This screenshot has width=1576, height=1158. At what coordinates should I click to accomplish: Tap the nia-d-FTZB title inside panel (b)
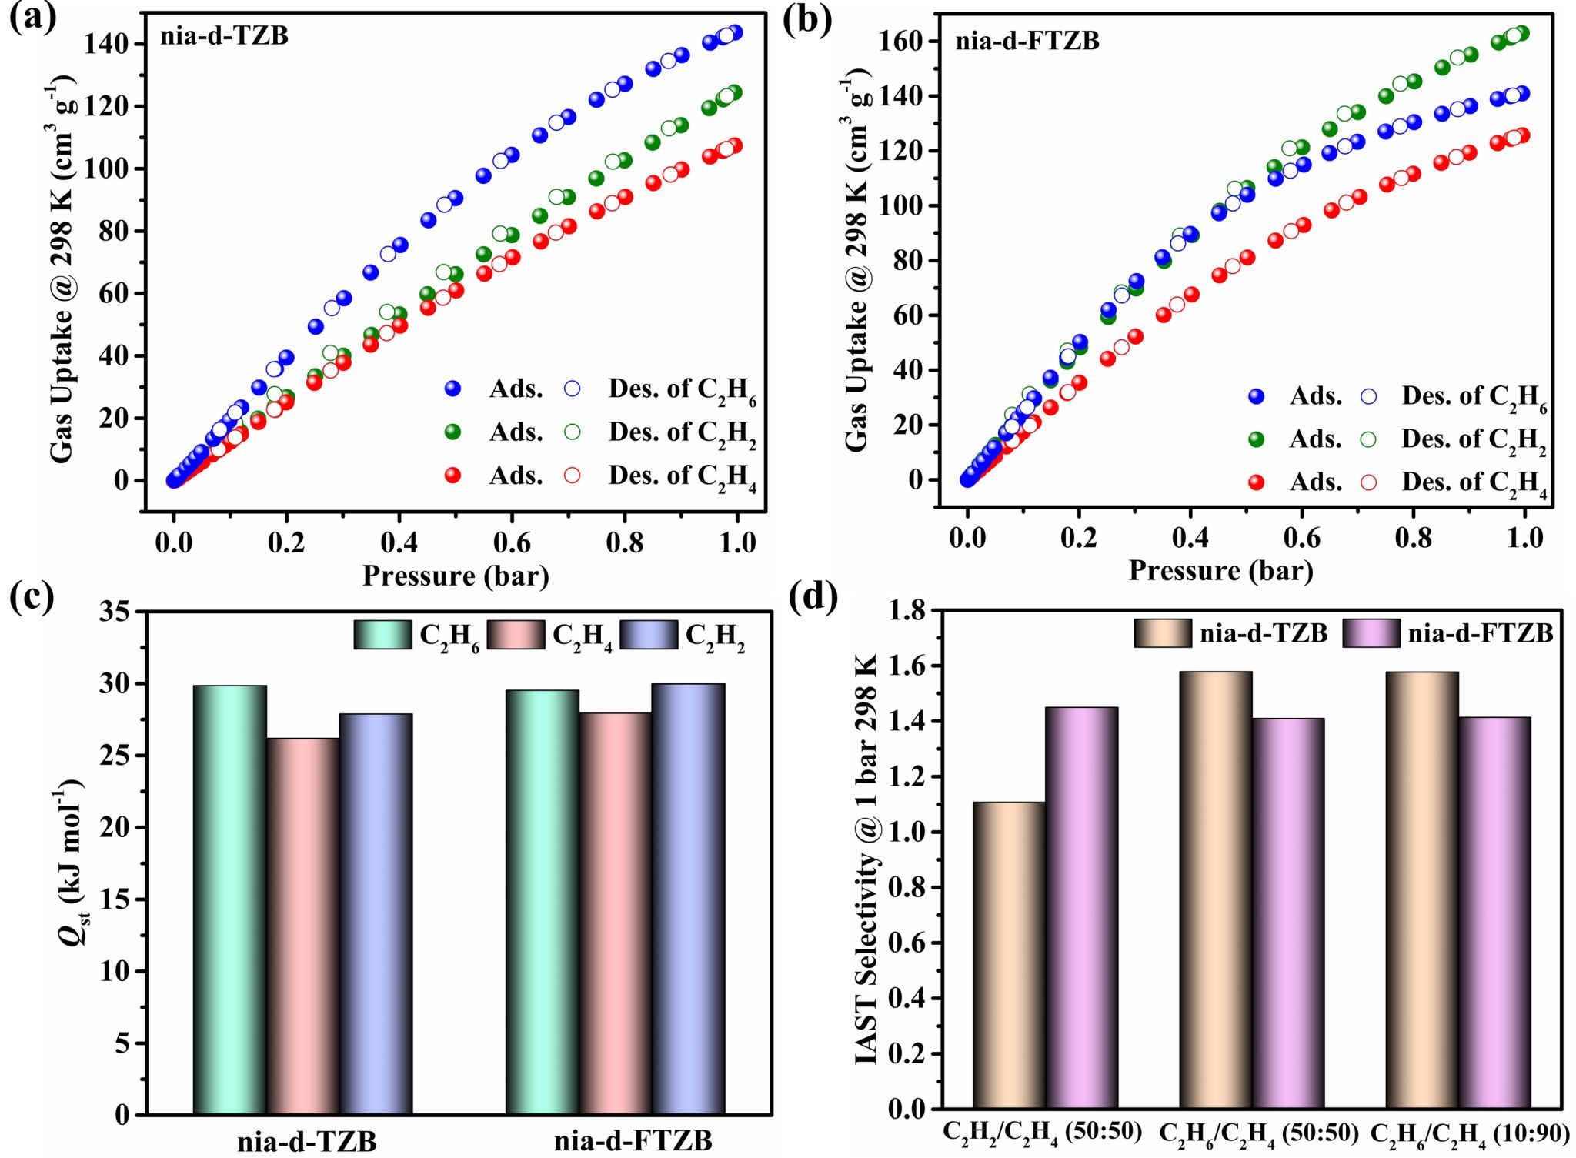pos(1027,41)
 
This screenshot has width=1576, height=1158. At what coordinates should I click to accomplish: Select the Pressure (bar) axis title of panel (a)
pos(456,576)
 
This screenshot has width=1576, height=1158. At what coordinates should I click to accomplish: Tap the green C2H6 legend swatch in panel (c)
pos(382,635)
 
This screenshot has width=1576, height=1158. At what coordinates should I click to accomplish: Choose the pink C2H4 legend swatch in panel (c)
pos(516,635)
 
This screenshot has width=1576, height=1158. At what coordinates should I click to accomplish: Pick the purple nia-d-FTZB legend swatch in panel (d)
pos(1371,632)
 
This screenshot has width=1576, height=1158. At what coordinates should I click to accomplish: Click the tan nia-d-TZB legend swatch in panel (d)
pos(1163,632)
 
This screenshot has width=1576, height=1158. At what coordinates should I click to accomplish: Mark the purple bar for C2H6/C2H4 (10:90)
pos(1494,913)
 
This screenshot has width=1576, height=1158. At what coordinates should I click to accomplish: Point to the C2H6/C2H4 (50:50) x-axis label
pos(1259,1133)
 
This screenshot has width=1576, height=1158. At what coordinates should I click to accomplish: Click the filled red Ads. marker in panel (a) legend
pos(453,476)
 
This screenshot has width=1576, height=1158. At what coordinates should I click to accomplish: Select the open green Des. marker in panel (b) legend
pos(1367,439)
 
